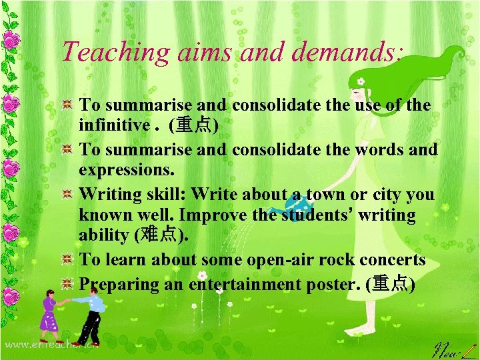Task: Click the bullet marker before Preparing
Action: pyautogui.click(x=67, y=284)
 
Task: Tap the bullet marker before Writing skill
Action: pyautogui.click(x=67, y=194)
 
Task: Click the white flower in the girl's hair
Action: pyautogui.click(x=361, y=81)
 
